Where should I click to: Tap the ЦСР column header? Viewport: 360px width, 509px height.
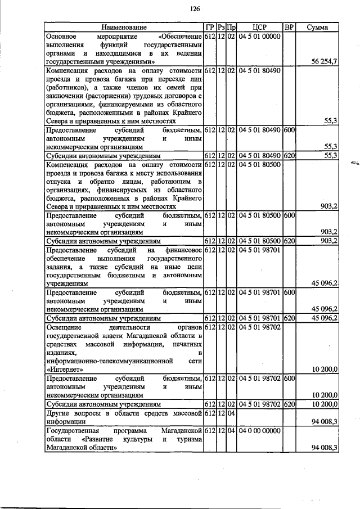click(x=259, y=27)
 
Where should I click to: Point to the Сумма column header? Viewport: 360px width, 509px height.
click(x=318, y=27)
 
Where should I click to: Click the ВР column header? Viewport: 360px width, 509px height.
click(x=289, y=27)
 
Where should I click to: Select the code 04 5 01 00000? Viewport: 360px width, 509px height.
click(x=259, y=35)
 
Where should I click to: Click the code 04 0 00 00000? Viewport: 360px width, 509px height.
click(x=259, y=430)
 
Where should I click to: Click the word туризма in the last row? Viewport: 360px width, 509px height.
click(x=189, y=439)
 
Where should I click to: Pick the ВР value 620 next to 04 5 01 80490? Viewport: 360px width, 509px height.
click(x=289, y=154)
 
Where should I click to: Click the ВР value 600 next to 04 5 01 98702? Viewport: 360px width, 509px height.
click(x=289, y=379)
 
